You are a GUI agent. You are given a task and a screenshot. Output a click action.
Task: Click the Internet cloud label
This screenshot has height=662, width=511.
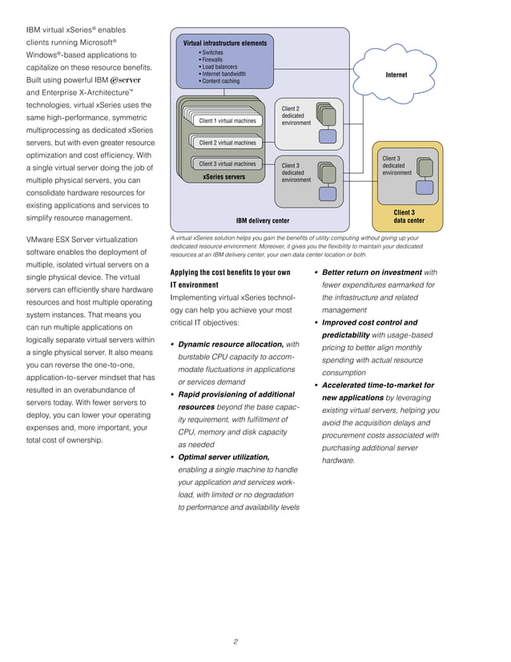click(396, 75)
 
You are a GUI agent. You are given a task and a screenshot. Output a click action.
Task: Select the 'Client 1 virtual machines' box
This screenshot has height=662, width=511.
click(227, 121)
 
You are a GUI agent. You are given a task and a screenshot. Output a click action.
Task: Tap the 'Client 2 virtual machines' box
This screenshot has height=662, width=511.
click(227, 143)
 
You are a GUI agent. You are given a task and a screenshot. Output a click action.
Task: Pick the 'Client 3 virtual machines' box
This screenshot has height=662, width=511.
click(227, 163)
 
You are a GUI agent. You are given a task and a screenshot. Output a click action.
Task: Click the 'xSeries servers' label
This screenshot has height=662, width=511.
click(223, 176)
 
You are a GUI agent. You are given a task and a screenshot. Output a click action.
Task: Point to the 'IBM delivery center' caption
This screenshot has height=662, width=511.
click(262, 220)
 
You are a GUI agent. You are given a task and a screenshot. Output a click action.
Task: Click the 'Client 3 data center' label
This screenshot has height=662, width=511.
click(408, 216)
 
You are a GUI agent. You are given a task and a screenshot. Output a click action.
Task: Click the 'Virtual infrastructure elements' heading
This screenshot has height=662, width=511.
click(225, 42)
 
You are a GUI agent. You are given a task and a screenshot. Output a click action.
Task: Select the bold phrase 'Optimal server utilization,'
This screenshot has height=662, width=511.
click(223, 457)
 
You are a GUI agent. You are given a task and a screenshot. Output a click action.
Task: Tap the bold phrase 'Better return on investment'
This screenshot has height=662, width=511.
click(372, 272)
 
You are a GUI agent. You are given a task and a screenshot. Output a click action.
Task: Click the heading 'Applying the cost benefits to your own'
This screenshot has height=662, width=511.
click(231, 272)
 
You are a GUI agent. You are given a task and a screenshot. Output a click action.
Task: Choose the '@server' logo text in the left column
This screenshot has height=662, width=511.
click(125, 81)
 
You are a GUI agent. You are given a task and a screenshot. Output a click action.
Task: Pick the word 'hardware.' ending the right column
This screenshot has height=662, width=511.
click(338, 461)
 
